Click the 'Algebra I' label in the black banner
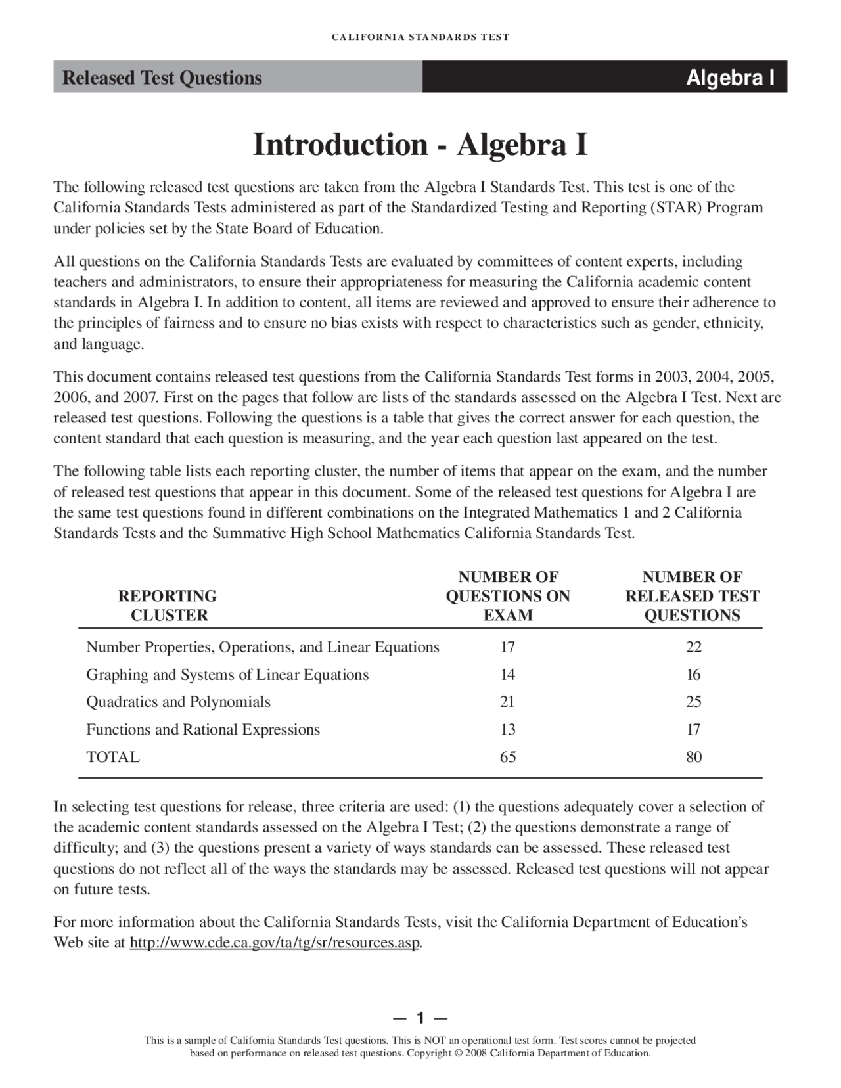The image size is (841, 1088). (730, 78)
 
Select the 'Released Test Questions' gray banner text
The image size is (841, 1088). (162, 78)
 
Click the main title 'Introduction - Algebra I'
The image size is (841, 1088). (420, 145)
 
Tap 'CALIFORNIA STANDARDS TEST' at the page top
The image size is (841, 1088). (420, 37)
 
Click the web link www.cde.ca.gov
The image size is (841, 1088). (274, 943)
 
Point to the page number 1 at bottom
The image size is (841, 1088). (420, 1018)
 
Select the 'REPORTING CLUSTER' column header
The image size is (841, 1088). (168, 605)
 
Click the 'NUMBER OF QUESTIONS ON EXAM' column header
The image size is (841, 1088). (508, 596)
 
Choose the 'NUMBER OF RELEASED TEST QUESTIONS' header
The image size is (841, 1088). (693, 596)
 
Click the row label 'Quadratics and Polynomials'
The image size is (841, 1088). (178, 702)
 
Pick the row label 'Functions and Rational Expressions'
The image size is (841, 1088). (203, 729)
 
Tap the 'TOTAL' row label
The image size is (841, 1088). (113, 757)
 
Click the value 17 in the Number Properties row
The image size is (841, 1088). (507, 647)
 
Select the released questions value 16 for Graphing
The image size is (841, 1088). (693, 675)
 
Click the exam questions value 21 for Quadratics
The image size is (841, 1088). (507, 702)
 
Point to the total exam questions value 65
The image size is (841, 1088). (507, 757)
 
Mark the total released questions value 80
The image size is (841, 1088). (694, 757)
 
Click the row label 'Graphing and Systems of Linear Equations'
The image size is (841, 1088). (227, 675)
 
